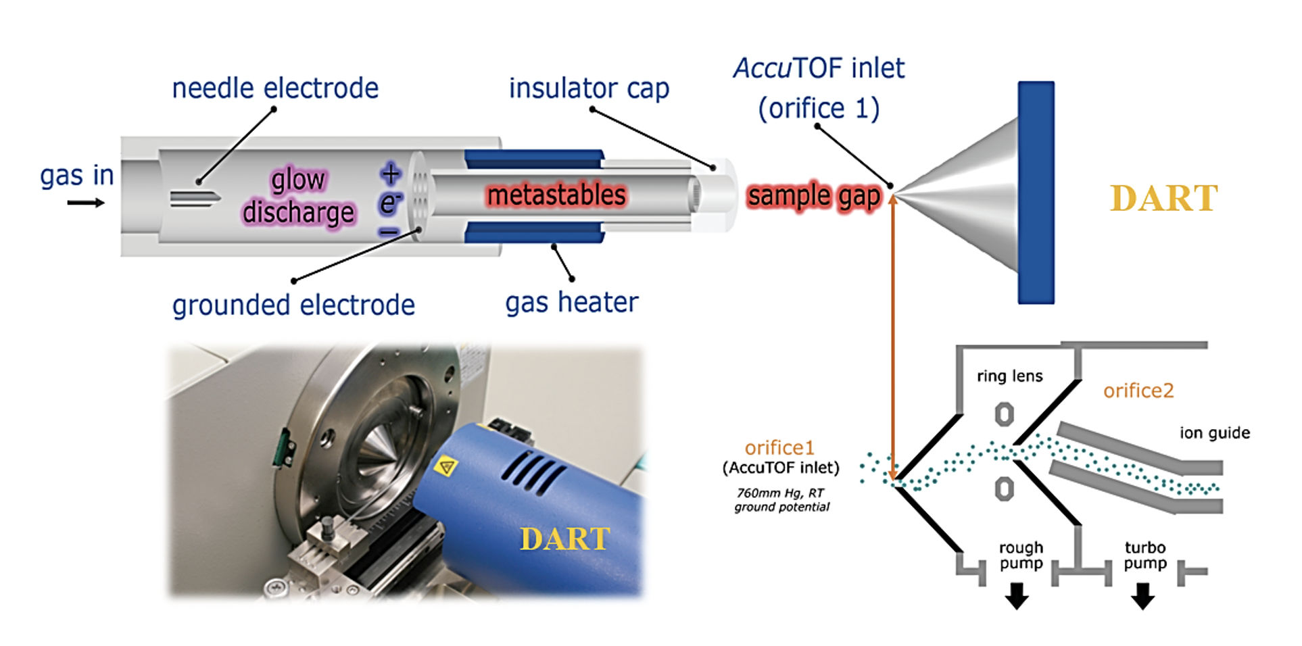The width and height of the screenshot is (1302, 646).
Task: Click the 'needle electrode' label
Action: coord(275,89)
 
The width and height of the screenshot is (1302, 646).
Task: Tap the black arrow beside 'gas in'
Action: coord(87,203)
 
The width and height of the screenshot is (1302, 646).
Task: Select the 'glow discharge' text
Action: coord(298,196)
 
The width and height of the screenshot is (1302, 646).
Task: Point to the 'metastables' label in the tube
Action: coord(556,195)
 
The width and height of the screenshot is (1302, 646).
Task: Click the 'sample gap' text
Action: coord(814,196)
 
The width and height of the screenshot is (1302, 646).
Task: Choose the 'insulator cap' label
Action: coord(589,89)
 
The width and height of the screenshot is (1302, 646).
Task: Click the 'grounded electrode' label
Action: coord(293,305)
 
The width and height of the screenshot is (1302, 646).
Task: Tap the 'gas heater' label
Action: coord(571,303)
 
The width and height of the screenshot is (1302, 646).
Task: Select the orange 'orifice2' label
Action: coord(1138,391)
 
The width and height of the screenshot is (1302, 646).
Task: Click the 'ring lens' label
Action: coord(1009,376)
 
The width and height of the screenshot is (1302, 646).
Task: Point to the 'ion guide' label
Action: coord(1215,433)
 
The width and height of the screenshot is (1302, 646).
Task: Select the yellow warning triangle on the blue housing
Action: coord(446,466)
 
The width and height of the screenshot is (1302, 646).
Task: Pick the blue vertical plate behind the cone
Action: coord(1036,193)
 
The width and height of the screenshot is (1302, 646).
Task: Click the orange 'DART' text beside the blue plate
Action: coord(1163,199)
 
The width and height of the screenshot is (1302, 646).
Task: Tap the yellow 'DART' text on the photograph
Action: coord(564,539)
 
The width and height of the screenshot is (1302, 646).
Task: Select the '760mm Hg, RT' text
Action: coord(781,493)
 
